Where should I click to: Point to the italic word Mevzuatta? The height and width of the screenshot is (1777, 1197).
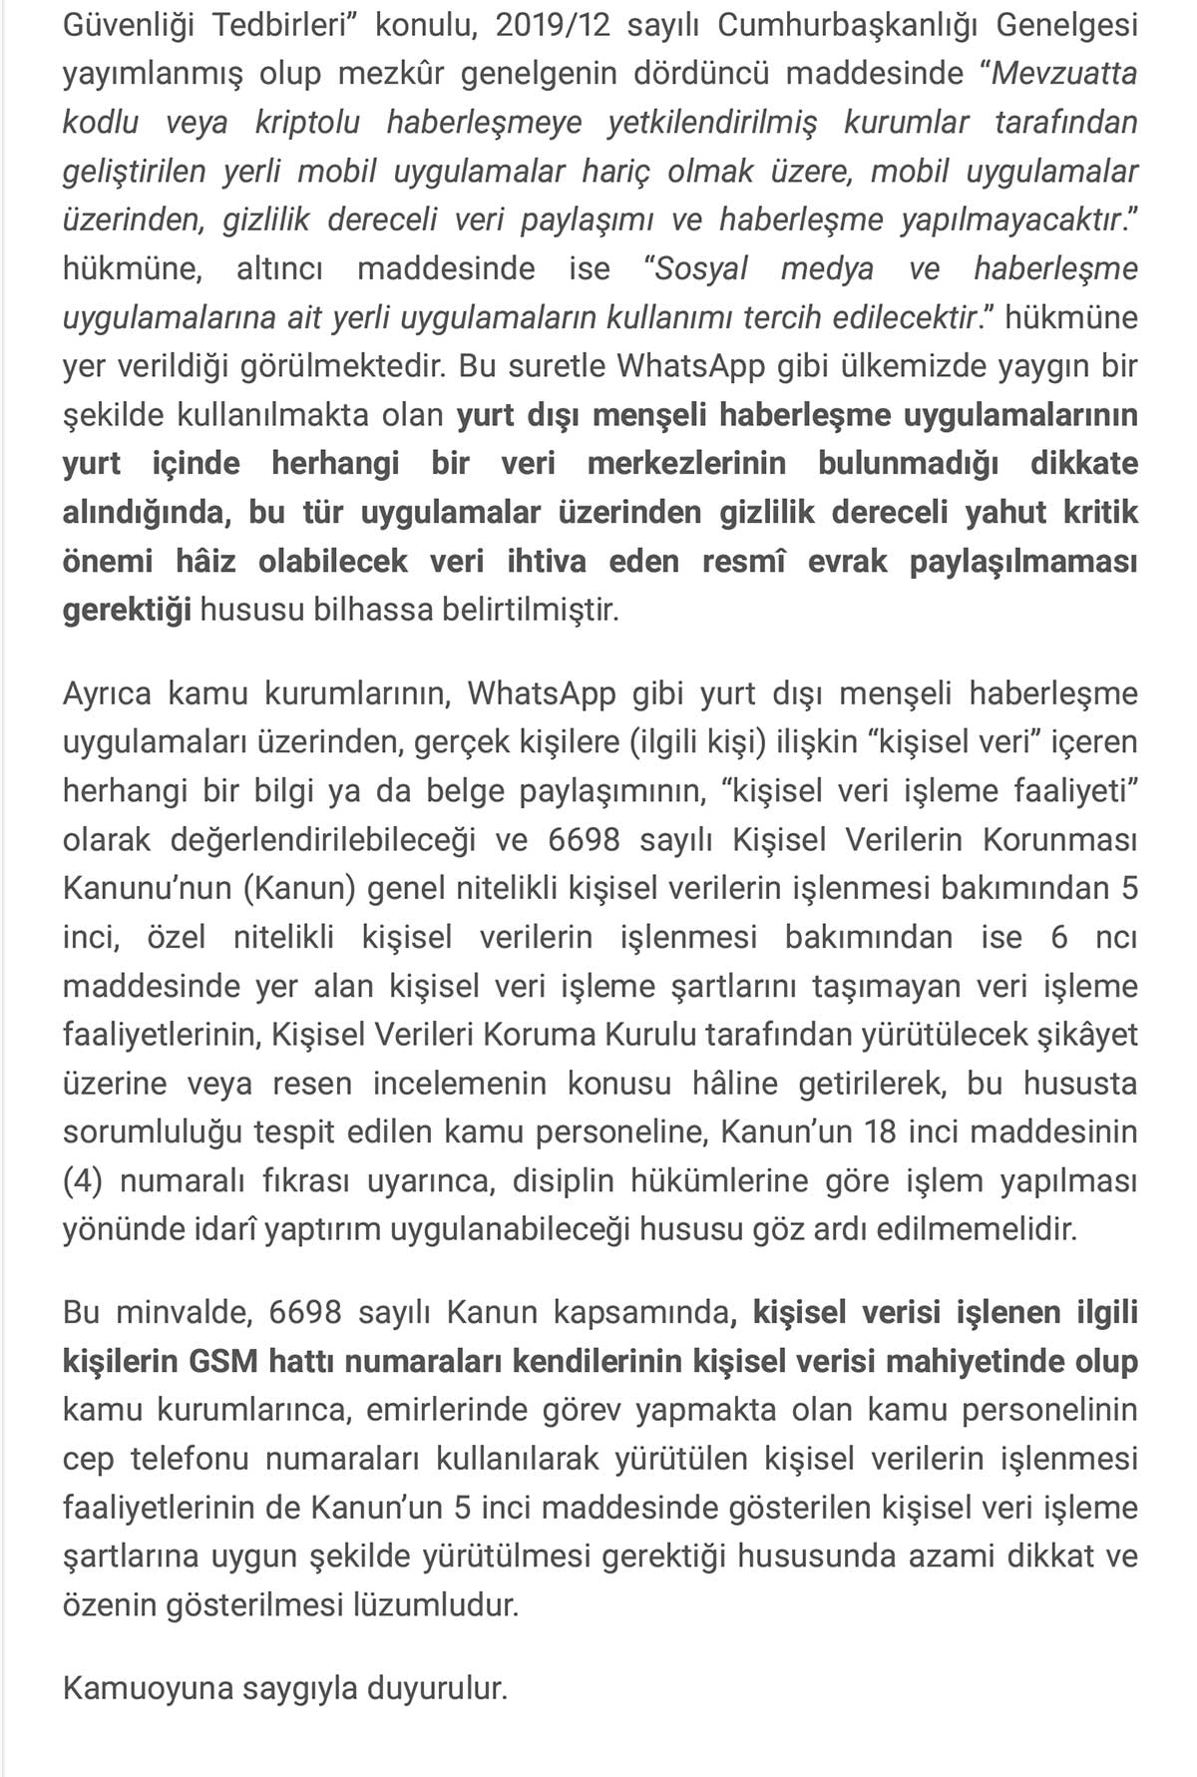pyautogui.click(x=1064, y=74)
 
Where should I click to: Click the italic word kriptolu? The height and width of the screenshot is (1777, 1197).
pyautogui.click(x=307, y=123)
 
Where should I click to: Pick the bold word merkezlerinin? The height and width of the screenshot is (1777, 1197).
pyautogui.click(x=686, y=464)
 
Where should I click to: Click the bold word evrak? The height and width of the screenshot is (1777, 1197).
pyautogui.click(x=847, y=562)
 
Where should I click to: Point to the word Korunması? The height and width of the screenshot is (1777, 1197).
pyautogui.click(x=1060, y=840)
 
